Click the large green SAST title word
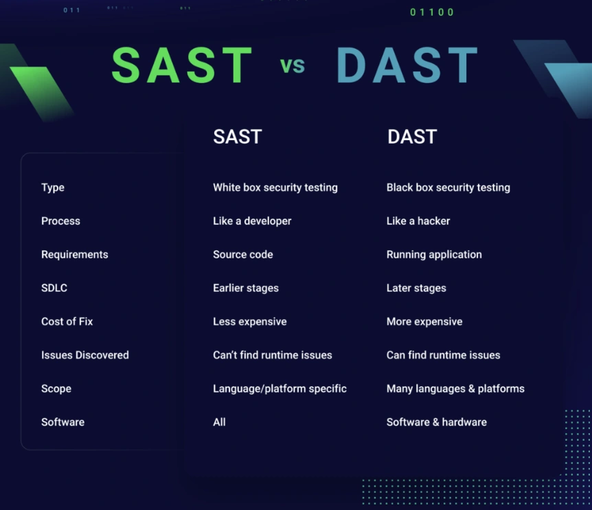(x=182, y=65)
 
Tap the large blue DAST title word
(x=407, y=65)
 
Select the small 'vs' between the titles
(x=293, y=65)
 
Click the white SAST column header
(x=238, y=136)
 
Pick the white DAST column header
(x=412, y=136)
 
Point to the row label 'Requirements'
(x=75, y=254)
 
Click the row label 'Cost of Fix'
(x=67, y=322)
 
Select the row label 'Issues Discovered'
(x=85, y=355)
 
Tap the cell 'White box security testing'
(x=275, y=188)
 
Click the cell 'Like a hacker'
(x=418, y=221)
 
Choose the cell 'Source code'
(x=242, y=254)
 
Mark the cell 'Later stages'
(x=416, y=288)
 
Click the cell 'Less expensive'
(x=249, y=322)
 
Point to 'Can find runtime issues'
(x=443, y=355)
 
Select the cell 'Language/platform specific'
(x=280, y=389)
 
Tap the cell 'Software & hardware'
(x=437, y=422)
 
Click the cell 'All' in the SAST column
(x=219, y=422)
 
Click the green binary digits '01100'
(x=431, y=12)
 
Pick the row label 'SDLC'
(x=54, y=288)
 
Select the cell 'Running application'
(x=434, y=254)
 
